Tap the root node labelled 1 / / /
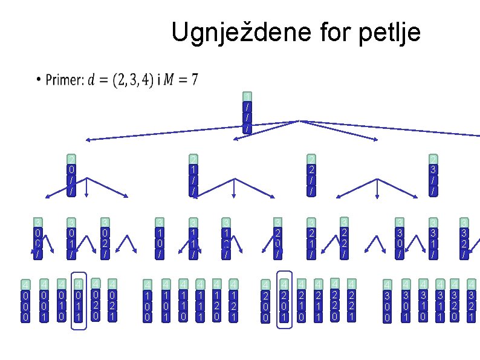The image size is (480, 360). pos(247,113)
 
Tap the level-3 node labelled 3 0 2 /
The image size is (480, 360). pos(105,238)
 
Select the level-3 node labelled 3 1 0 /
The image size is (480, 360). pos(160,239)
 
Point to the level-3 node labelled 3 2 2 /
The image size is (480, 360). pos(344,238)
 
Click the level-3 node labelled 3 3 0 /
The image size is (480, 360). pos(398,239)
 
